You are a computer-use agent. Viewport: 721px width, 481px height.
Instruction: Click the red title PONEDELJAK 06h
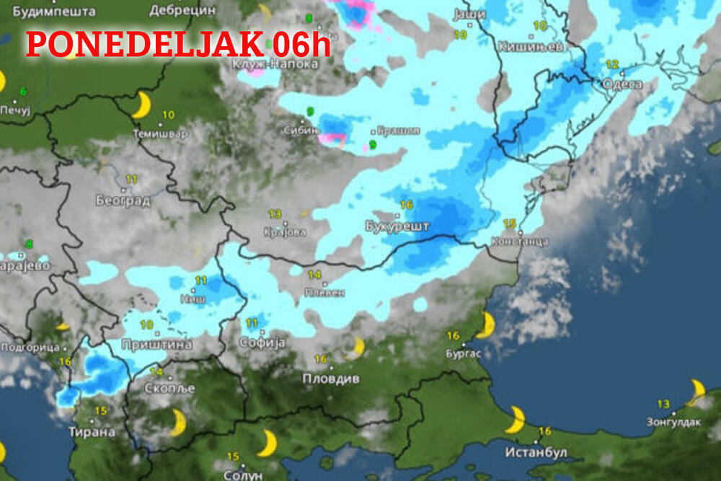178,44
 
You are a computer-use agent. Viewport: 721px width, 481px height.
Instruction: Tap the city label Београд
123,200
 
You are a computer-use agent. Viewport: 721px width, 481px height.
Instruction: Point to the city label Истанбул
536,452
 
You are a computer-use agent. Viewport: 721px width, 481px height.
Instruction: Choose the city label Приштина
156,344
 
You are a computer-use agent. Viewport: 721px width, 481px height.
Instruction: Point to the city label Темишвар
160,134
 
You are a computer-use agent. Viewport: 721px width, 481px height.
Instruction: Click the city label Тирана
92,432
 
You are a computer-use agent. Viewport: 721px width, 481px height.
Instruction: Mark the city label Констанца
518,242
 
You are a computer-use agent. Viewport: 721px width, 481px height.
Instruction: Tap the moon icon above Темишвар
142,105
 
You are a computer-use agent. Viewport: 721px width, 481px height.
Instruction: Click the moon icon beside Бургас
486,325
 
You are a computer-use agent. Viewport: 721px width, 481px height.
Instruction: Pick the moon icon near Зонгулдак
696,392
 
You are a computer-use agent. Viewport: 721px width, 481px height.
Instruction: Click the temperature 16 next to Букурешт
406,205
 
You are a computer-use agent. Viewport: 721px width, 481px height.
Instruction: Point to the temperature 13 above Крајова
275,214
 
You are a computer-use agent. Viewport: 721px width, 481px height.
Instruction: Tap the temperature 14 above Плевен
314,275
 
